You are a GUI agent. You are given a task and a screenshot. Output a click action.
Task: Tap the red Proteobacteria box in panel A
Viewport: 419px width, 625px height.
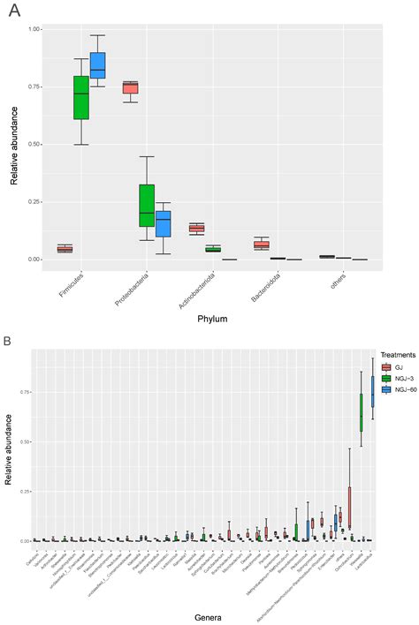click(x=130, y=87)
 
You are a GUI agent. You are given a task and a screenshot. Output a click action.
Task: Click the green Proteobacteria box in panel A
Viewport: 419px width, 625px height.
click(x=147, y=206)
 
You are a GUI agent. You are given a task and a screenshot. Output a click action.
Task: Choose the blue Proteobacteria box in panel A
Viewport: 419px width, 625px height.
click(x=163, y=223)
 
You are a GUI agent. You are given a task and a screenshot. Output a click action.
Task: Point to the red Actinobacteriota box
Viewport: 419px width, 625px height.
click(x=196, y=229)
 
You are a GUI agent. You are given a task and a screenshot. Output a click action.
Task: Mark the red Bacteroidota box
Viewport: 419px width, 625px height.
click(x=261, y=245)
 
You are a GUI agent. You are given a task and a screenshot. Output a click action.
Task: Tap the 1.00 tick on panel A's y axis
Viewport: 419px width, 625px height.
click(x=34, y=29)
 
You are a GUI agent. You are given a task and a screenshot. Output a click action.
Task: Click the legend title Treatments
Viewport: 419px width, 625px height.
click(x=396, y=355)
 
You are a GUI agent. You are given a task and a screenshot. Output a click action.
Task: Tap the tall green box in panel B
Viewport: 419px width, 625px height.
click(x=362, y=412)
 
